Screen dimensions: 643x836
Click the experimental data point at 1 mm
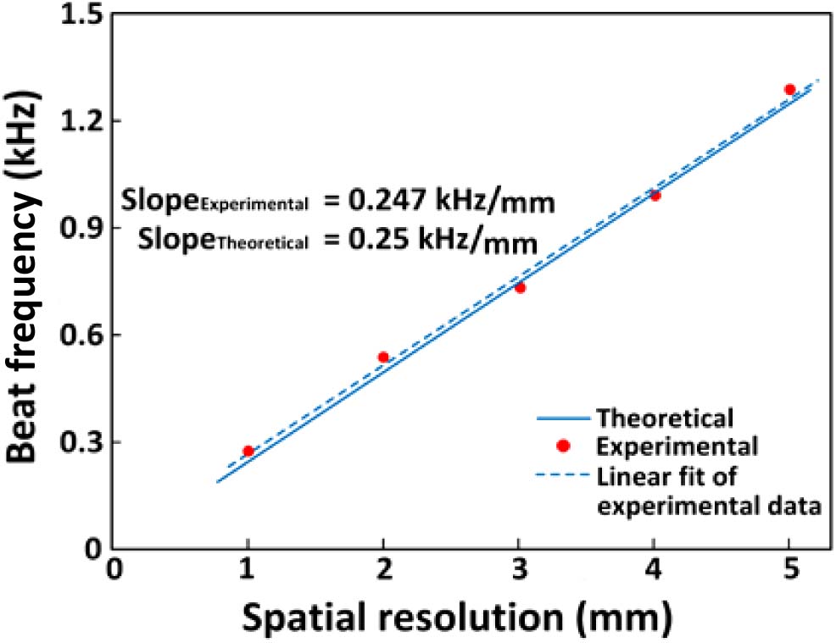click(248, 452)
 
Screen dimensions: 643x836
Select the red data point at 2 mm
click(383, 358)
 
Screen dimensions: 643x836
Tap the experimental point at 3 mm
click(520, 287)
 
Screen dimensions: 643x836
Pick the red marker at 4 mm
click(655, 195)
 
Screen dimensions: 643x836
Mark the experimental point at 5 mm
click(789, 89)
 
